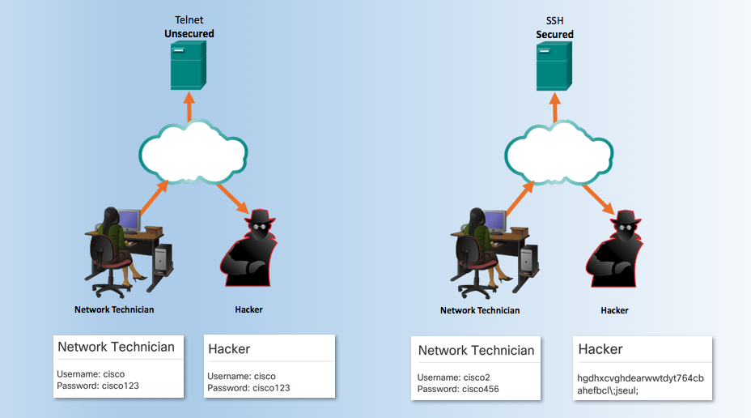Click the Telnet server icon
(189, 66)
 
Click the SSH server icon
(554, 66)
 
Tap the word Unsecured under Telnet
(189, 34)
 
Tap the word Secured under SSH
(554, 35)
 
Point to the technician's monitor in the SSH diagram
(495, 220)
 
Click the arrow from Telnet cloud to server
(189, 107)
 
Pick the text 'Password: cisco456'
(457, 390)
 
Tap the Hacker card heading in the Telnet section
(229, 349)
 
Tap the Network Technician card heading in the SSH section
(476, 351)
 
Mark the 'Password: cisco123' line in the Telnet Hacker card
(248, 388)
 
